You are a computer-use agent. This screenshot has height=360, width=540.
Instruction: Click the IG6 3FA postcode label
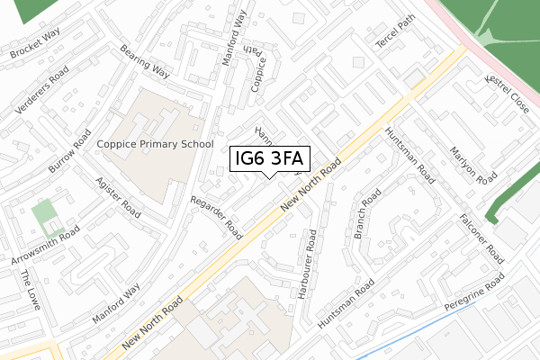click(270, 159)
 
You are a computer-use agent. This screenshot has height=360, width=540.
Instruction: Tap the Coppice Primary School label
click(157, 143)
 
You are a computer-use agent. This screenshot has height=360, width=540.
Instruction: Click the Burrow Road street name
click(70, 155)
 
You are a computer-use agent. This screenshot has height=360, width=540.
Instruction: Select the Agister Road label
click(117, 198)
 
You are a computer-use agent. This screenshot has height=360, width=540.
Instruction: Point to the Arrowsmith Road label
click(46, 246)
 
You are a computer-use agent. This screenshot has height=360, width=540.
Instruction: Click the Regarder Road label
click(217, 218)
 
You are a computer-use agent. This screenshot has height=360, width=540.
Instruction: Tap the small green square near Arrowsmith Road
click(43, 214)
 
